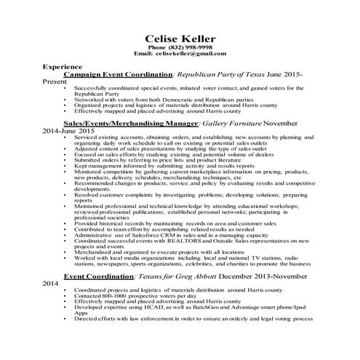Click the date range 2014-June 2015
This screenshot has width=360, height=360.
coord(73,131)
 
